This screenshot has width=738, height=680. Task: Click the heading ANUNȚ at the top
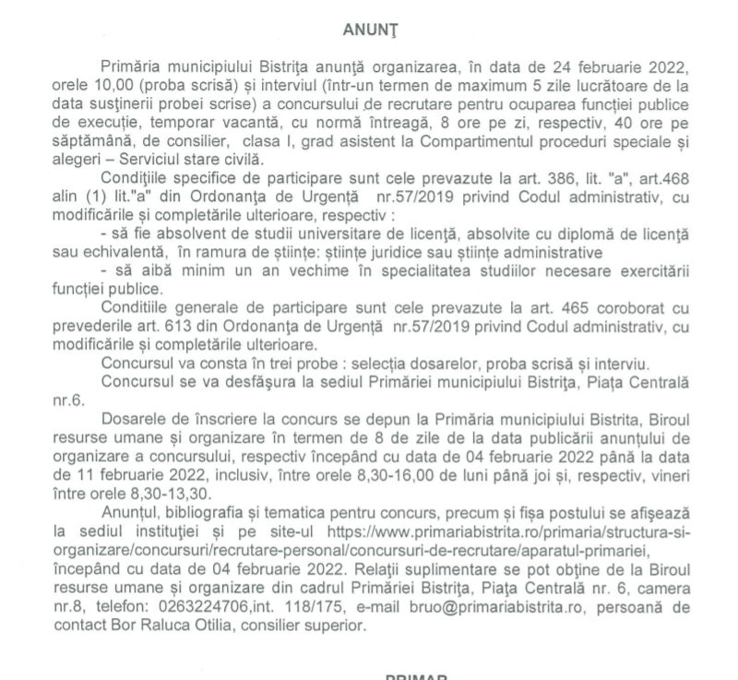[x=369, y=31]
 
